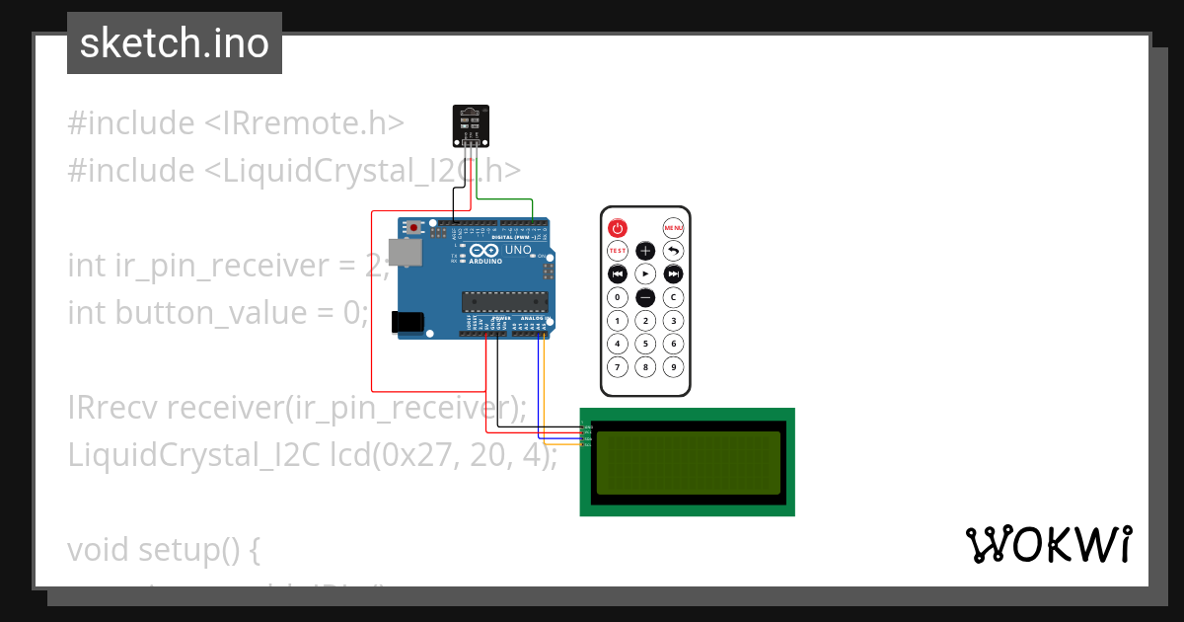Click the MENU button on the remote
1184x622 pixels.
point(673,227)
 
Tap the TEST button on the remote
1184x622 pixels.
point(617,251)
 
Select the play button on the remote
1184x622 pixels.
point(644,273)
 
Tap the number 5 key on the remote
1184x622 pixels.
point(644,344)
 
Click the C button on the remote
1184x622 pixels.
point(673,297)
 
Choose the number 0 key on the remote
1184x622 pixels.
point(617,297)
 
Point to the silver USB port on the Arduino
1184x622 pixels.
point(405,253)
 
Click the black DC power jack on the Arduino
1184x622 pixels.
point(407,322)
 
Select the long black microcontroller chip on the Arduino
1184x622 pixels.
point(504,300)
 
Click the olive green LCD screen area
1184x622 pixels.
point(687,462)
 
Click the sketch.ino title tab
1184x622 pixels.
point(175,43)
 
